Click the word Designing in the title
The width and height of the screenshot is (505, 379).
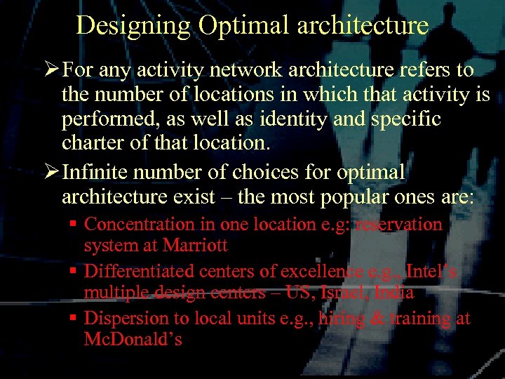(133, 25)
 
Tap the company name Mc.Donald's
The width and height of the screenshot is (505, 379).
(133, 340)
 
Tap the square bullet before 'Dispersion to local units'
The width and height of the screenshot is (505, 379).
(73, 319)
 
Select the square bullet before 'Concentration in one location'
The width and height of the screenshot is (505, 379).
(73, 225)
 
